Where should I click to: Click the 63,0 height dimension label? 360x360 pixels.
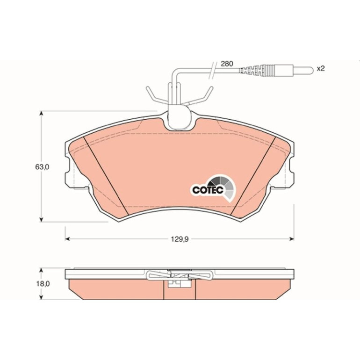point(42,167)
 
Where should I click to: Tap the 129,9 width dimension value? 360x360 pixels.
point(180,239)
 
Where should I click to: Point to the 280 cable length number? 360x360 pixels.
point(227,64)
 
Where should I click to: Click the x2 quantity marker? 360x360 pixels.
point(321,68)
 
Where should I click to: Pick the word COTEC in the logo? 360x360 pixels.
point(208,190)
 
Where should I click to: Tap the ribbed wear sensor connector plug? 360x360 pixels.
point(257,70)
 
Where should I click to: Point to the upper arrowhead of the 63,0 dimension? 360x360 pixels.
point(41,114)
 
